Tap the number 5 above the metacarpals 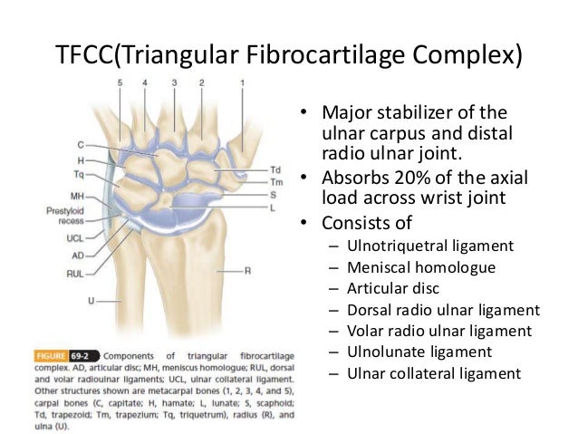[x=118, y=83]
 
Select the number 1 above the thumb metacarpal [x=242, y=83]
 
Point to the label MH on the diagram [x=77, y=196]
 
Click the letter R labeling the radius [x=247, y=270]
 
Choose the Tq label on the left [x=79, y=173]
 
